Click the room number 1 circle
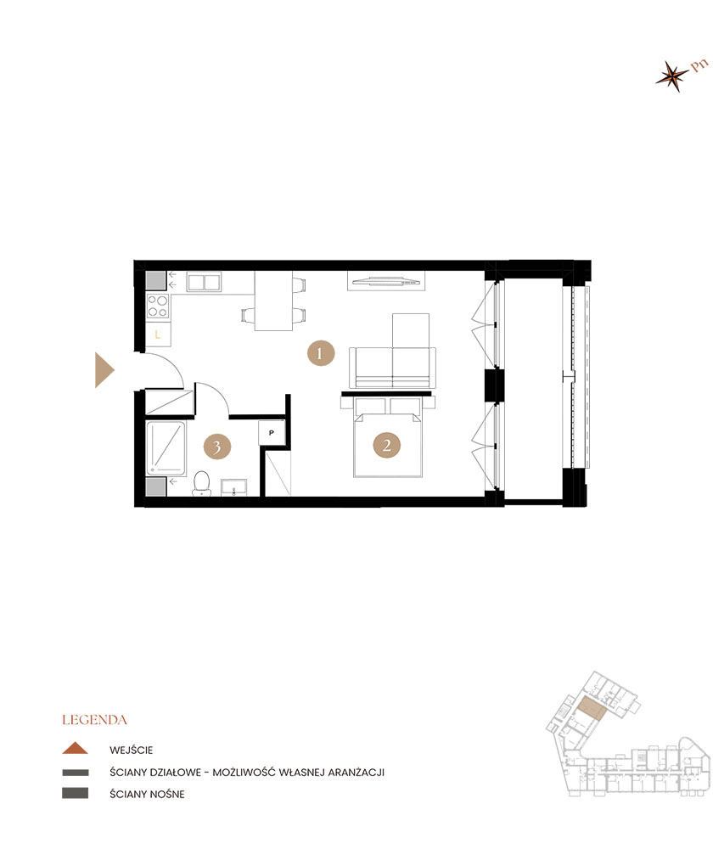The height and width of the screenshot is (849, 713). (x=321, y=353)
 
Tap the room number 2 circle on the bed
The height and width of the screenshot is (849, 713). (x=386, y=445)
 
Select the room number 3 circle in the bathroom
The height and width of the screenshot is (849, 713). (x=217, y=447)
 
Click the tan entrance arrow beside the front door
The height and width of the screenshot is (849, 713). (x=104, y=370)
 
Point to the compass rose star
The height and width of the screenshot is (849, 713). (x=672, y=76)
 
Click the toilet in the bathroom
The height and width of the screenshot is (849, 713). (x=201, y=484)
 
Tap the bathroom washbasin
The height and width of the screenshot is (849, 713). (x=234, y=486)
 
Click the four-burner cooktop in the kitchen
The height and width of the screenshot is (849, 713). (x=158, y=306)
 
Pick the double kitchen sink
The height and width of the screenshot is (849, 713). (x=204, y=282)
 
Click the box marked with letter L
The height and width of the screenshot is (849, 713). (x=158, y=334)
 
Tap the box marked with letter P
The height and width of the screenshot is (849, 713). (x=272, y=433)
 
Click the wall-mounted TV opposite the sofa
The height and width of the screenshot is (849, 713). (x=386, y=281)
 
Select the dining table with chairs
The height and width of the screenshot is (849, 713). (x=274, y=301)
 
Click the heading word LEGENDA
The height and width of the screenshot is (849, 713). (x=94, y=720)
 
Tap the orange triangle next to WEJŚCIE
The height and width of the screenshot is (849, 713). (x=76, y=748)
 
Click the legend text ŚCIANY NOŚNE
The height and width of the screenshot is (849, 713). (x=147, y=794)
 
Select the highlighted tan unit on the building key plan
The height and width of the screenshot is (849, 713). (x=591, y=709)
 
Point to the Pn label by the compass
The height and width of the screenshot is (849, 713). (x=699, y=65)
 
